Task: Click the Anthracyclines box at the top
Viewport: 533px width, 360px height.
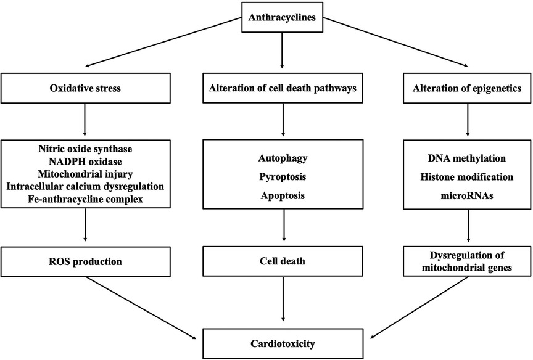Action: pos(283,17)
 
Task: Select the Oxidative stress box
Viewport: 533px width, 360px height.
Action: pos(86,88)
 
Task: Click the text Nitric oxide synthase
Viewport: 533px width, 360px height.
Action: pos(86,149)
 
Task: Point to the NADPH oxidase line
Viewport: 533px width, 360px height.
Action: pos(86,162)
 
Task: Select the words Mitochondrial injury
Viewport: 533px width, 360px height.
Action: pos(86,174)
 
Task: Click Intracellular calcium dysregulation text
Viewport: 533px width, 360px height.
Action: pos(86,187)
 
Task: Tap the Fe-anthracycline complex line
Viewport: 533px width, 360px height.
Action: pos(86,200)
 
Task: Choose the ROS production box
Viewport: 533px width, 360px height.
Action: pos(86,261)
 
